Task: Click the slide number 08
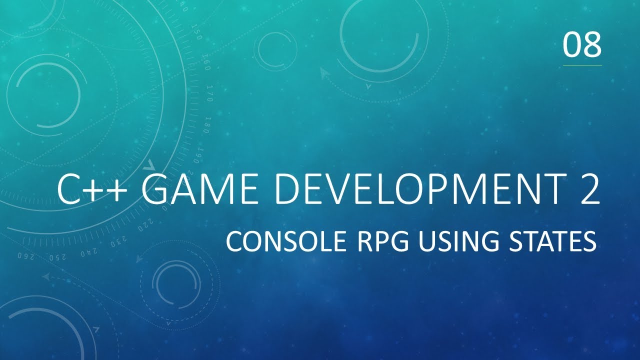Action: click(582, 44)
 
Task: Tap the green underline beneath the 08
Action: click(582, 65)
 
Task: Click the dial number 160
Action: click(206, 63)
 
